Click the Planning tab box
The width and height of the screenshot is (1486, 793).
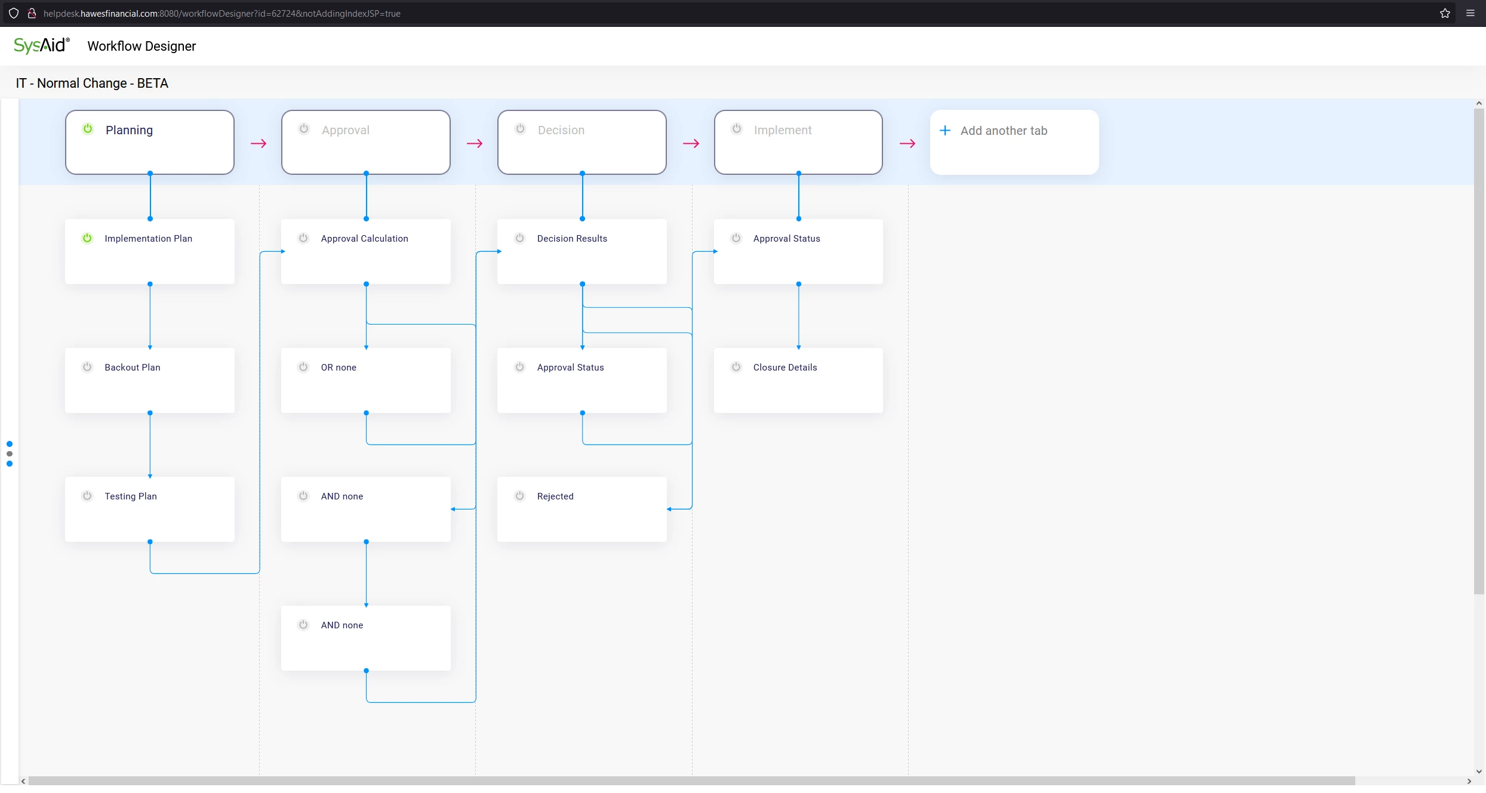point(149,142)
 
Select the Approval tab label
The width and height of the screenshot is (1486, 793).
point(345,130)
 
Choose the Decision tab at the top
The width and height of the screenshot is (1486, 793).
point(582,142)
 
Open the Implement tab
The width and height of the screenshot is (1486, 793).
point(798,142)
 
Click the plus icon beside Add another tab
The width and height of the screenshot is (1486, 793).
point(945,131)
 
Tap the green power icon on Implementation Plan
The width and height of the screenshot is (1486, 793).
point(87,238)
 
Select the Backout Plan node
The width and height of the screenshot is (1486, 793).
point(149,380)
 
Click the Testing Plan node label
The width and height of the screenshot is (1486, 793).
point(131,496)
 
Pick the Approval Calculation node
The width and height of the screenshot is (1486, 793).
point(365,251)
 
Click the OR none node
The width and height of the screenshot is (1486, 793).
point(365,380)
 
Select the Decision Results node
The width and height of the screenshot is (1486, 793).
point(582,251)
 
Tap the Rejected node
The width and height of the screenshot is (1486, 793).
point(582,509)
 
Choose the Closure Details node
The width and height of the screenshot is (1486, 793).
point(798,380)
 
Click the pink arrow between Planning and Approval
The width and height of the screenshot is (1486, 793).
point(259,144)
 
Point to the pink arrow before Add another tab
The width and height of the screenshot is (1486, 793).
point(907,144)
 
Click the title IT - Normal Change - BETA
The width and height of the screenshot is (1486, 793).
point(92,83)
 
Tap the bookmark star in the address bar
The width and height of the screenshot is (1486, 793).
point(1445,13)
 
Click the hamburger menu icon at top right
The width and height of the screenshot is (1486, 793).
point(1470,13)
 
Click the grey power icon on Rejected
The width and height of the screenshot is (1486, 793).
point(520,496)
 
